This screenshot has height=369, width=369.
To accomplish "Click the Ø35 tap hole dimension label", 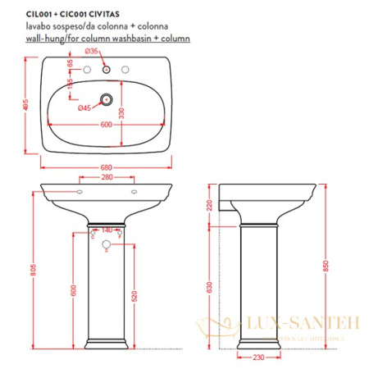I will click(x=92, y=51).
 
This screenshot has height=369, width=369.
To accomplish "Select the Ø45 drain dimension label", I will click(x=83, y=108).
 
